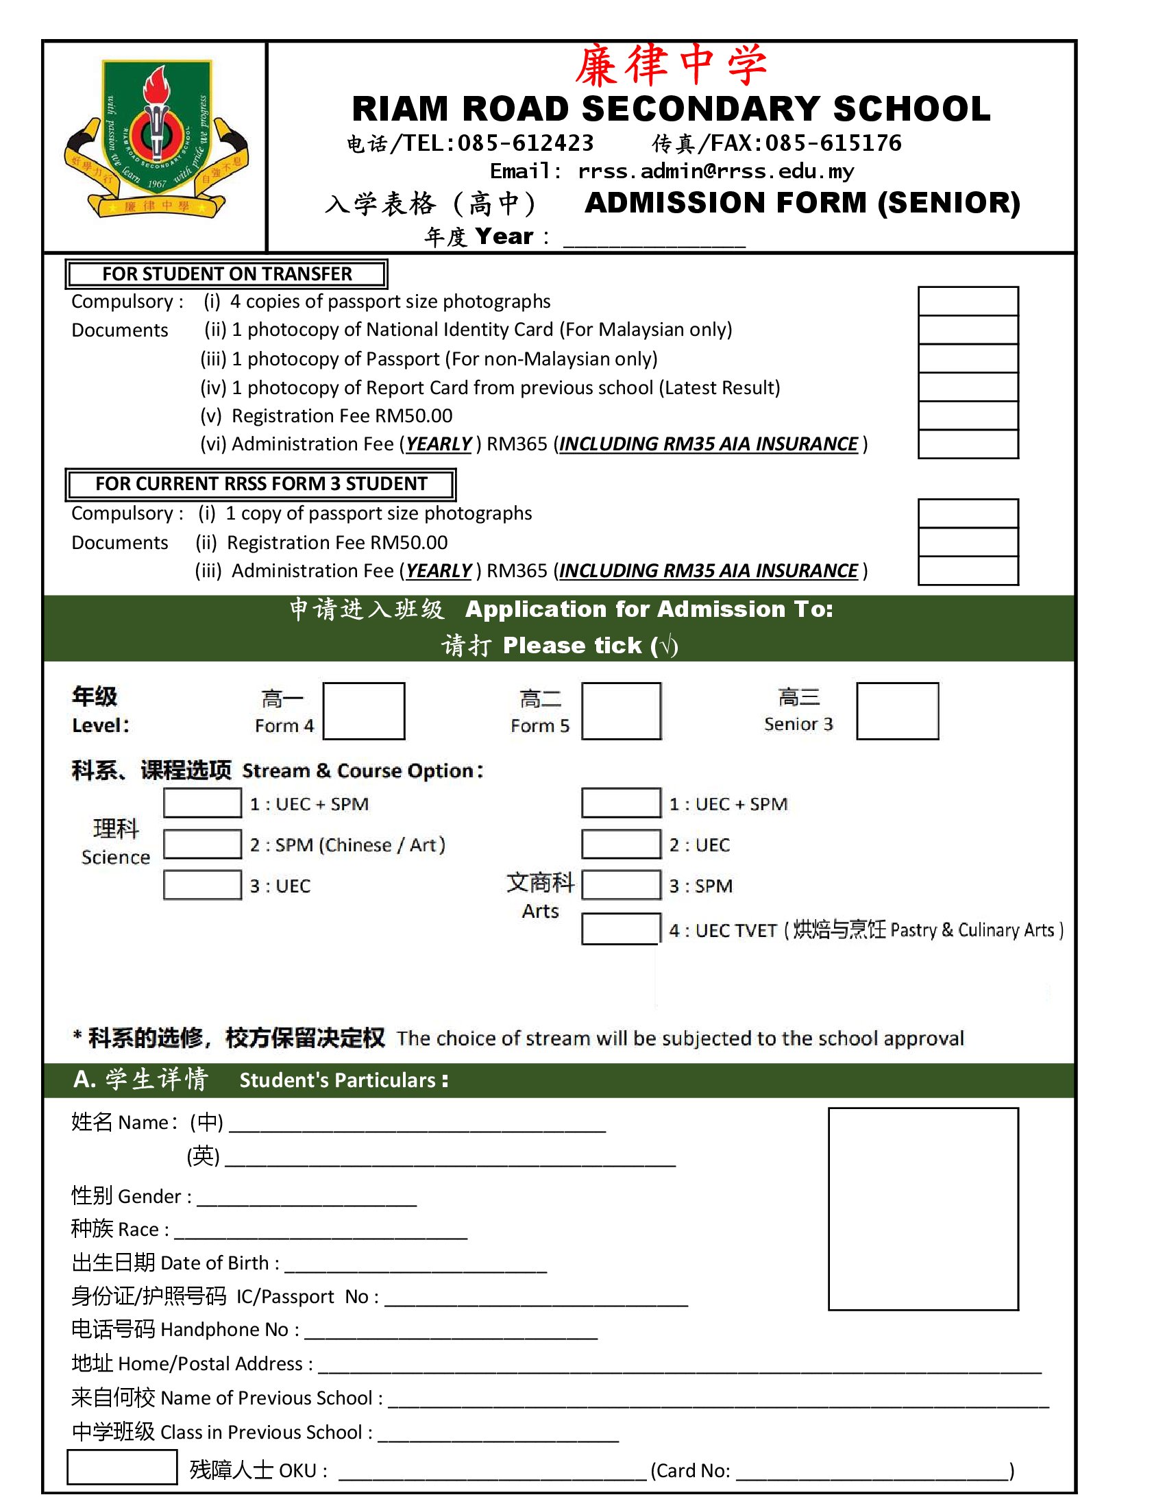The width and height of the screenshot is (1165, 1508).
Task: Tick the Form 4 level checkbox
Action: [364, 711]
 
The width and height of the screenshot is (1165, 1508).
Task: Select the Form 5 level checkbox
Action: [621, 711]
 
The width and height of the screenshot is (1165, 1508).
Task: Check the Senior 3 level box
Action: [897, 711]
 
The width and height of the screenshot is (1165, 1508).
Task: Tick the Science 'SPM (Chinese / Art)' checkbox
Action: [202, 844]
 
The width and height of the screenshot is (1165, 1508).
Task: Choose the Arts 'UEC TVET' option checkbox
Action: [620, 929]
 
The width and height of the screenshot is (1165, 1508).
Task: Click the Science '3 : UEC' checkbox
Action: [202, 885]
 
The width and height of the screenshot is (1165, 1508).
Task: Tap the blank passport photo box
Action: [923, 1208]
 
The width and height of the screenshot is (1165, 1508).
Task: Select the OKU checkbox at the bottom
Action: [121, 1467]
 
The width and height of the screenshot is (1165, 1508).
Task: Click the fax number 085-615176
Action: [833, 144]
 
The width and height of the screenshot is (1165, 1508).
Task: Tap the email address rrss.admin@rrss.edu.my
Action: [715, 171]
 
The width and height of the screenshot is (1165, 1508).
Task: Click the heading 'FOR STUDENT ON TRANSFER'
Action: [226, 274]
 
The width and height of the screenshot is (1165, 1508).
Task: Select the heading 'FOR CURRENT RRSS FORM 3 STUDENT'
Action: [261, 484]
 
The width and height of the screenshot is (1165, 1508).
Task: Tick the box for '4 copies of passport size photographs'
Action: [968, 301]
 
